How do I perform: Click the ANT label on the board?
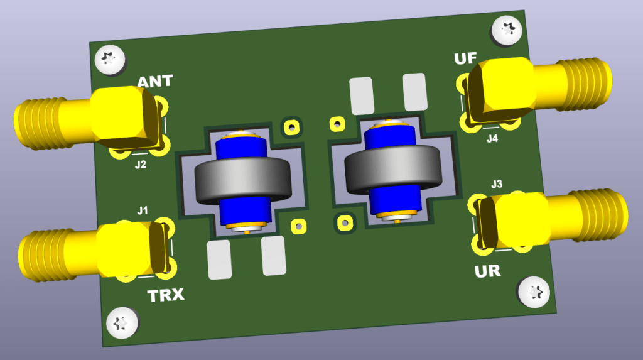point(155,81)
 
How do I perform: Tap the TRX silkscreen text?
point(166,295)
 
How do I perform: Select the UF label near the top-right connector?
point(465,58)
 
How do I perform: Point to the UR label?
point(487,271)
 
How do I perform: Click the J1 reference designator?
point(143,210)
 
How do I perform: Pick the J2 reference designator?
point(141,165)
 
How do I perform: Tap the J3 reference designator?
point(497,184)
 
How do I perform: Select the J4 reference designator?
point(492,139)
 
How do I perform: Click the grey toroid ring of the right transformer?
point(393,170)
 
